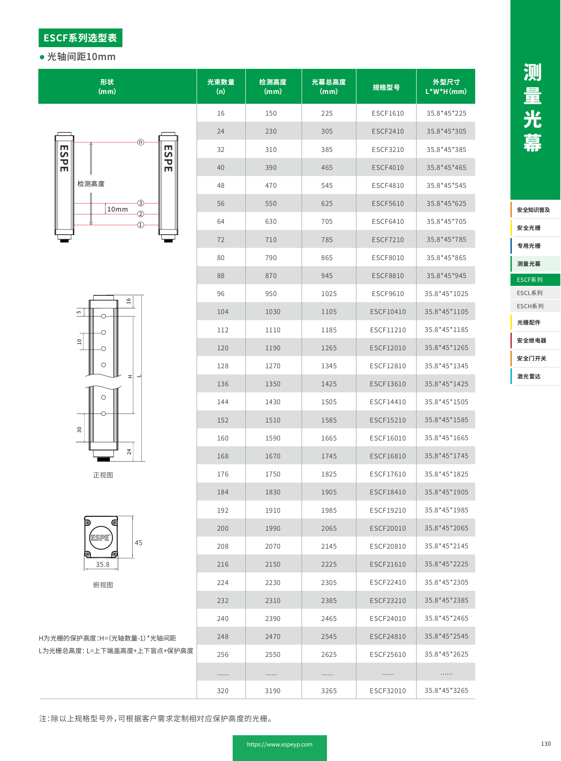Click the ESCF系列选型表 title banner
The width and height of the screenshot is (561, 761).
pyautogui.click(x=80, y=38)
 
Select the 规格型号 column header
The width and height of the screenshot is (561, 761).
pyautogui.click(x=386, y=87)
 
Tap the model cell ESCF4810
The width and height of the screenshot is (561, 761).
pyautogui.click(x=387, y=186)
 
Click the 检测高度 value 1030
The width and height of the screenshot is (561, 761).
pyautogui.click(x=273, y=311)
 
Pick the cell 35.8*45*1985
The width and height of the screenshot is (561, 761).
pyautogui.click(x=446, y=510)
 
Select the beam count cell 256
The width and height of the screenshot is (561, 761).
pyautogui.click(x=223, y=654)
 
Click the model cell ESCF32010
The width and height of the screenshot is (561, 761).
pyautogui.click(x=387, y=690)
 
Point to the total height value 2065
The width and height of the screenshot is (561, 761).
pyautogui.click(x=329, y=528)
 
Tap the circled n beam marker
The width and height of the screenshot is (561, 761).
pyautogui.click(x=140, y=142)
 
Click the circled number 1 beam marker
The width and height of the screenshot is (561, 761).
pyautogui.click(x=140, y=225)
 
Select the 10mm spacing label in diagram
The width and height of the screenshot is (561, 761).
pyautogui.click(x=117, y=209)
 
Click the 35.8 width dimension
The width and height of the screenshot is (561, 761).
pyautogui.click(x=102, y=564)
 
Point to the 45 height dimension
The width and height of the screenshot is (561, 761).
pyautogui.click(x=138, y=542)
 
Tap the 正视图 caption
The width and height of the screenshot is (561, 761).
pyautogui.click(x=103, y=475)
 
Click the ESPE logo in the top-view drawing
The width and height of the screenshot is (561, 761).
pyautogui.click(x=100, y=537)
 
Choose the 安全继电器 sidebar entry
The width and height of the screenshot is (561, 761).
pyautogui.click(x=531, y=340)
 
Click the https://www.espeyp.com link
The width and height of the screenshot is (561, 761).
pyautogui.click(x=279, y=744)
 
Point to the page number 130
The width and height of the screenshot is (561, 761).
pyautogui.click(x=545, y=743)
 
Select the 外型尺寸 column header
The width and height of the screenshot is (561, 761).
pyautogui.click(x=446, y=86)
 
